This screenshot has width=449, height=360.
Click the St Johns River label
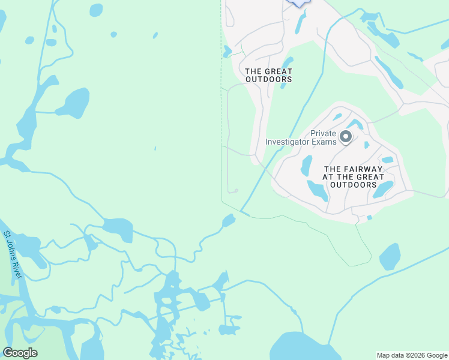click(x=13, y=254)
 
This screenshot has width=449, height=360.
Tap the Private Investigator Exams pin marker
click(x=346, y=137)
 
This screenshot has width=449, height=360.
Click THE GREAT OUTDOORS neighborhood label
click(x=268, y=75)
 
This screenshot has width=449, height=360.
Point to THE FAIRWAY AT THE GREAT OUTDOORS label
click(x=353, y=177)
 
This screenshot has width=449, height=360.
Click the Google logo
click(x=20, y=353)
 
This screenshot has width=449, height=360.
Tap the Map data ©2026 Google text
click(x=412, y=355)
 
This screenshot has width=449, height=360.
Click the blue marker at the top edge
click(x=298, y=2)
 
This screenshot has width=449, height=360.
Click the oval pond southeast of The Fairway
click(x=390, y=256)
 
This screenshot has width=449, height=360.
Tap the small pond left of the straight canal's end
click(x=229, y=221)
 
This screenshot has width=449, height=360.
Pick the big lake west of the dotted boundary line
click(x=73, y=103)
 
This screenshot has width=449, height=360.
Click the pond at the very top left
click(x=96, y=10)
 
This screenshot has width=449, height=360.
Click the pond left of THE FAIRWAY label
click(x=306, y=166)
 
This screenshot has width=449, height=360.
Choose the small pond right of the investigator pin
click(x=367, y=145)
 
